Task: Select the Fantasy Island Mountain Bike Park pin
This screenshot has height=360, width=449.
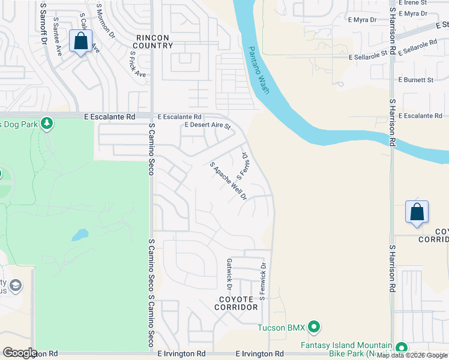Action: click(400, 347)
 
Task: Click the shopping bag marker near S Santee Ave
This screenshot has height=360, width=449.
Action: click(80, 41)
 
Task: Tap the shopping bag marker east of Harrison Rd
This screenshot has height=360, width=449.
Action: click(417, 212)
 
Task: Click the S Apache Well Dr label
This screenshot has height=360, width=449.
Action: click(228, 181)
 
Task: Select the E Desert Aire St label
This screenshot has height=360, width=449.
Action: click(208, 126)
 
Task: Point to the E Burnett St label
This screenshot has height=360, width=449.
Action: click(415, 80)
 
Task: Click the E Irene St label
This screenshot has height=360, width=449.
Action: click(411, 3)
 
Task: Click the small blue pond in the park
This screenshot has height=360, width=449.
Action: click(80, 235)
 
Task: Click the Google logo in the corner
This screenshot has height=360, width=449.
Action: click(20, 353)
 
